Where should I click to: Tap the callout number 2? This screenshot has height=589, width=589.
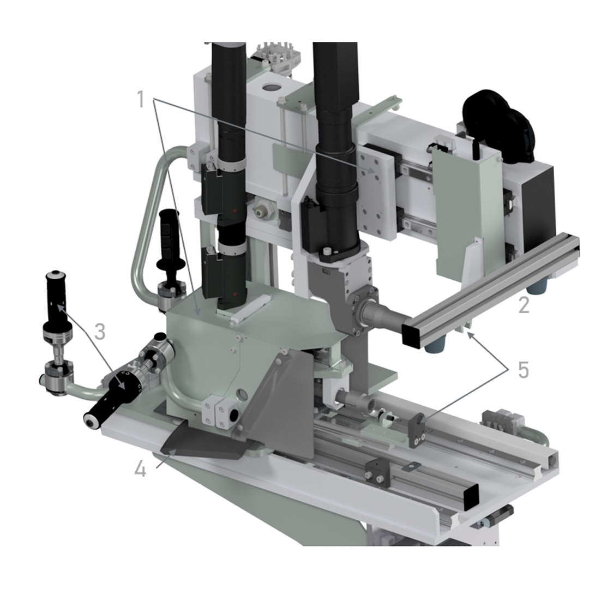coord(524,304)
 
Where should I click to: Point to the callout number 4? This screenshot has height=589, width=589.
coord(140,469)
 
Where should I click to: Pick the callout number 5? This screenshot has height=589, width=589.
coord(523,370)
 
